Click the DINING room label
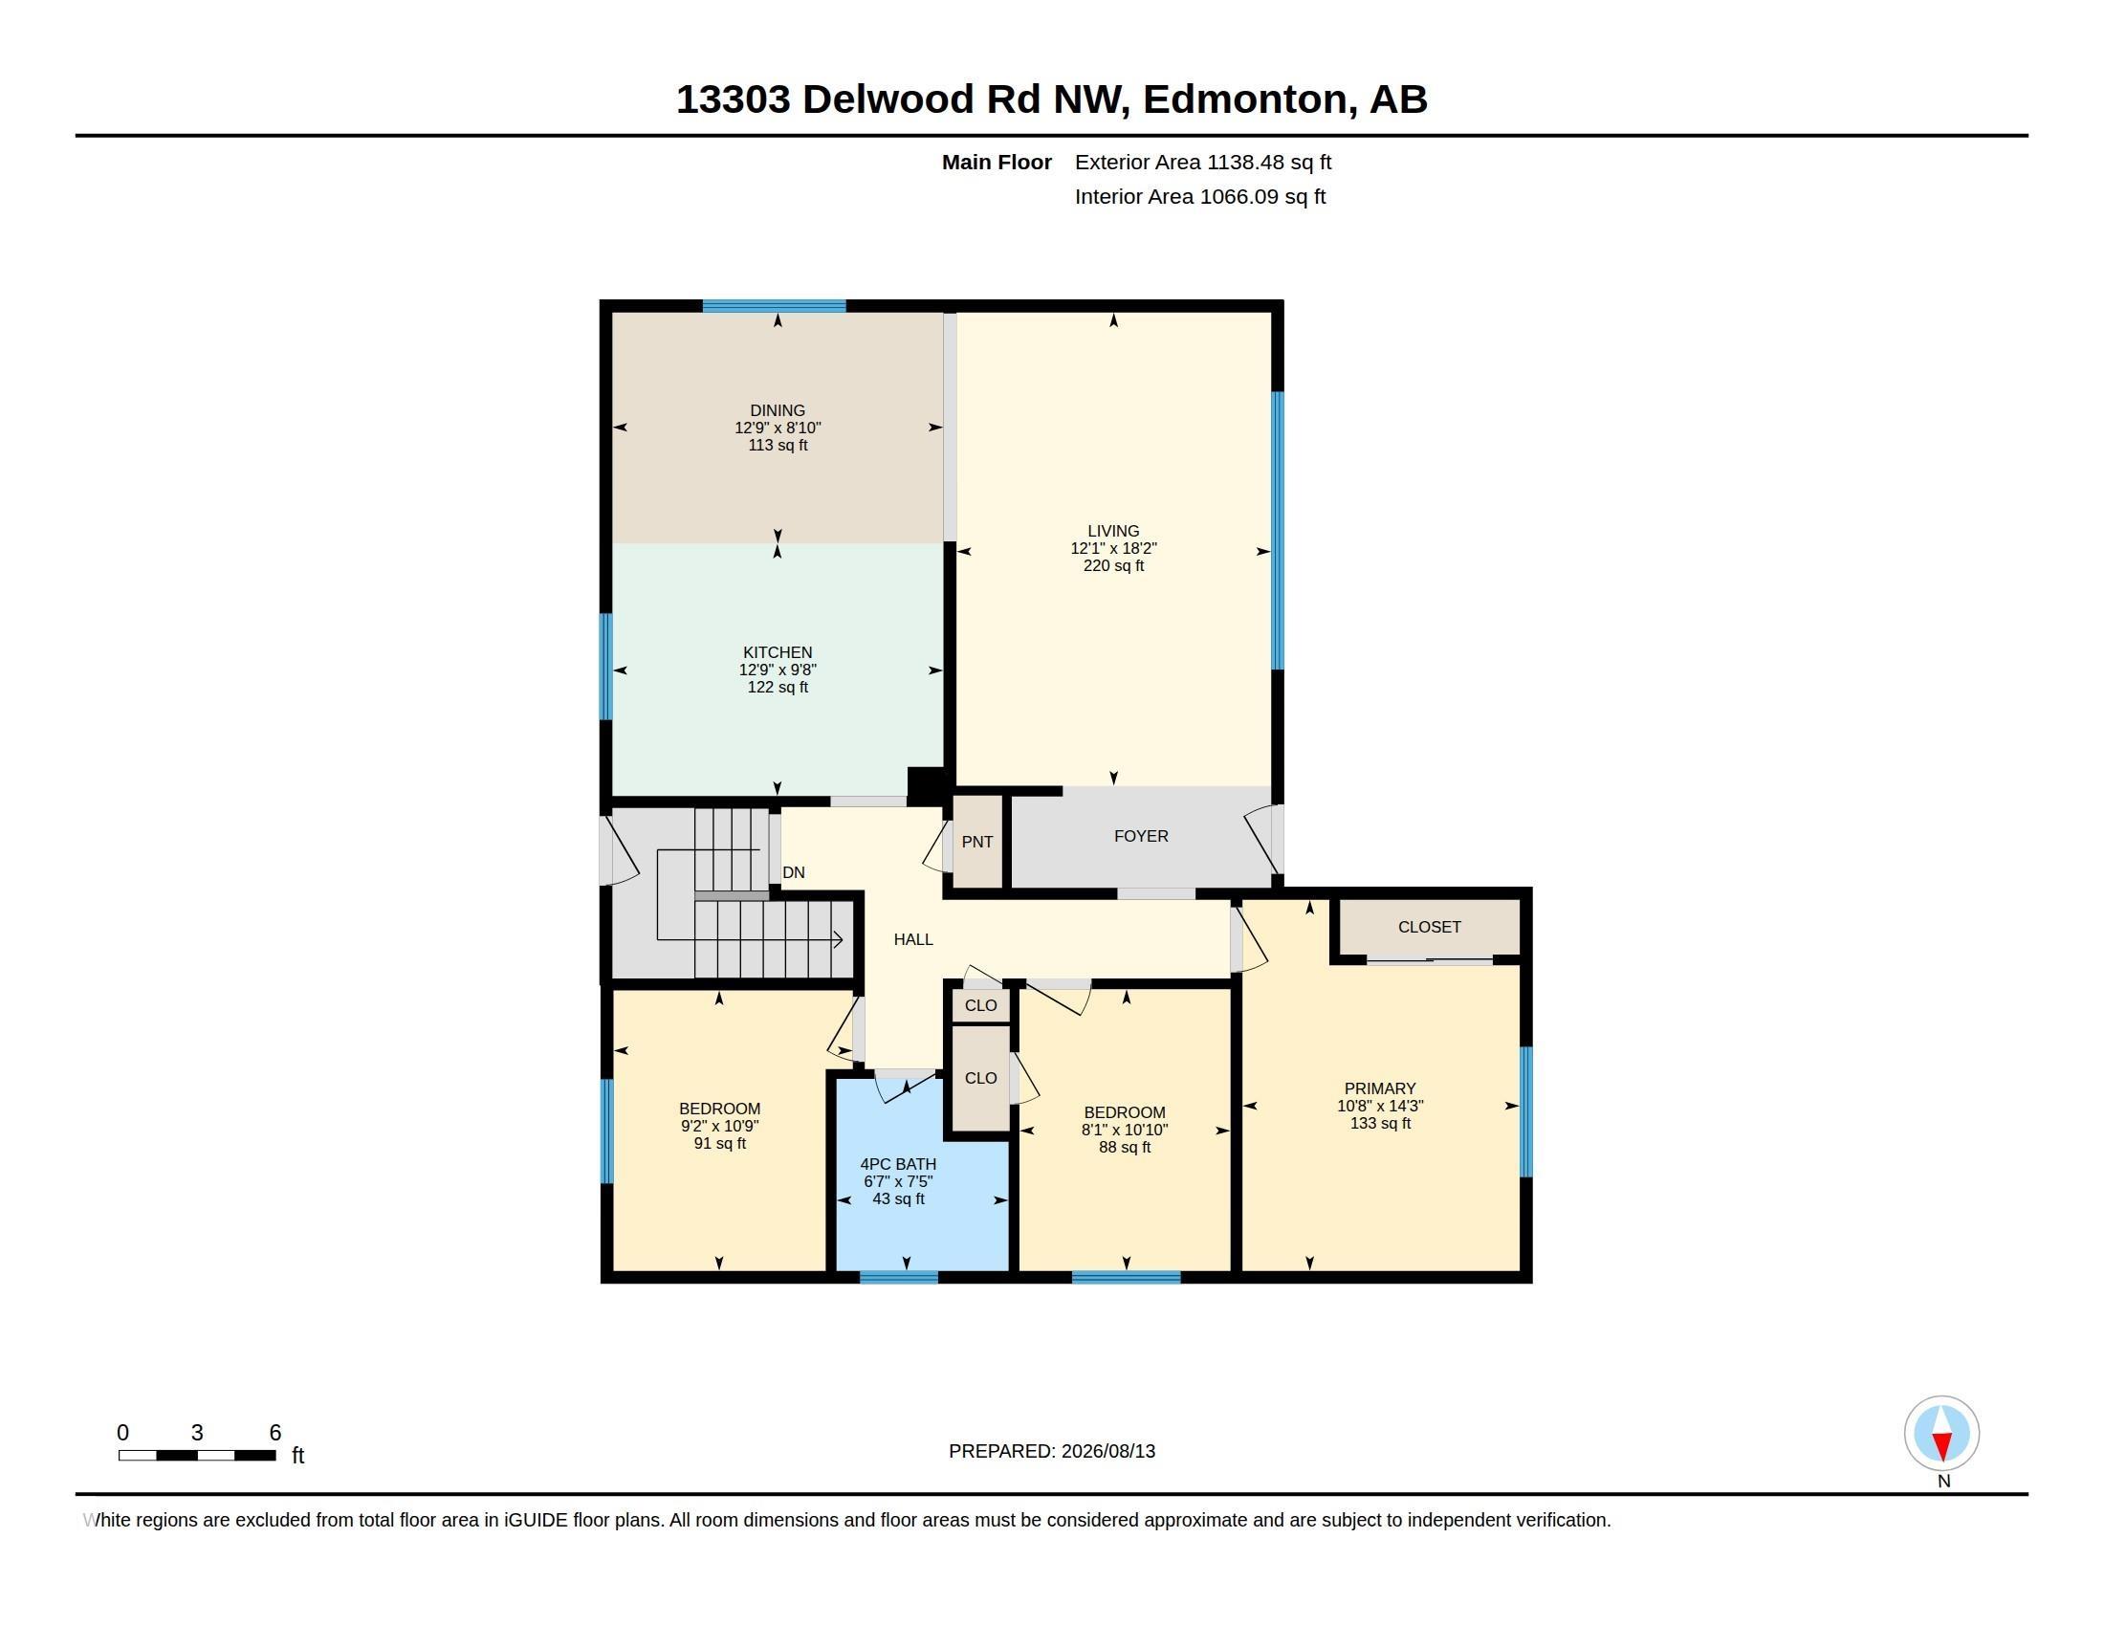point(778,410)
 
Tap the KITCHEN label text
point(778,652)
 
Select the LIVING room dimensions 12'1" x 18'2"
point(1113,548)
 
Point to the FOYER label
point(1141,836)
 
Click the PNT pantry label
point(976,842)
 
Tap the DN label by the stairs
point(794,872)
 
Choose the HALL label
point(913,939)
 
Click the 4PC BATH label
point(898,1164)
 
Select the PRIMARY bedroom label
point(1379,1088)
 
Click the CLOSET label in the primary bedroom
point(1430,927)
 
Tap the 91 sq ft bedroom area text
point(719,1143)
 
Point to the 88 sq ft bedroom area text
point(1125,1147)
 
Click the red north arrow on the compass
point(1942,1446)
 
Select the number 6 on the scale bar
point(274,1433)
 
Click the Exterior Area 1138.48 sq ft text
point(1203,163)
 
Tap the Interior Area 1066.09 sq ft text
point(1200,197)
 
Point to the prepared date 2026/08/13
point(1107,1451)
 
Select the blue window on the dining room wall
point(774,306)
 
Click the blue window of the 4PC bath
point(898,1277)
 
